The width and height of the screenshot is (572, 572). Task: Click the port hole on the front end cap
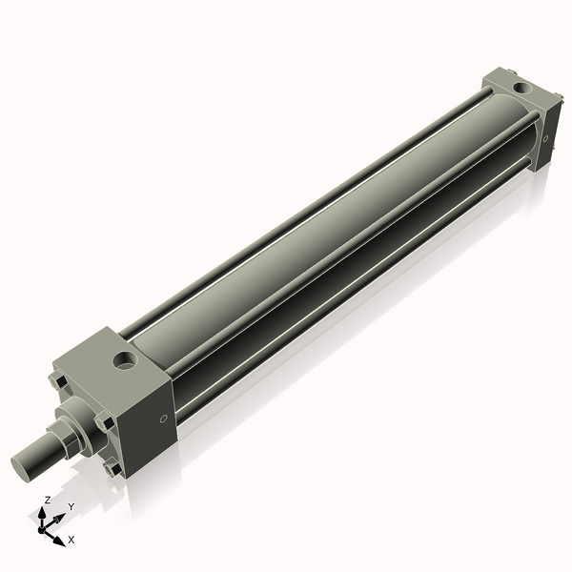pos(125,360)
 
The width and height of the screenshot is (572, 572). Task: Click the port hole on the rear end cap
pos(522,90)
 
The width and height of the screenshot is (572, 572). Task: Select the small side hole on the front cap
pos(163,418)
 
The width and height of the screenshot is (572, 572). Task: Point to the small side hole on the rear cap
pos(545,139)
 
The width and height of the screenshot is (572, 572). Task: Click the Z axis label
pos(48,500)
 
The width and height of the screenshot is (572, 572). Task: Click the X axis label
pos(71,540)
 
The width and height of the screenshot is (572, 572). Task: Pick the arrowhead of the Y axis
pos(59,519)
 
